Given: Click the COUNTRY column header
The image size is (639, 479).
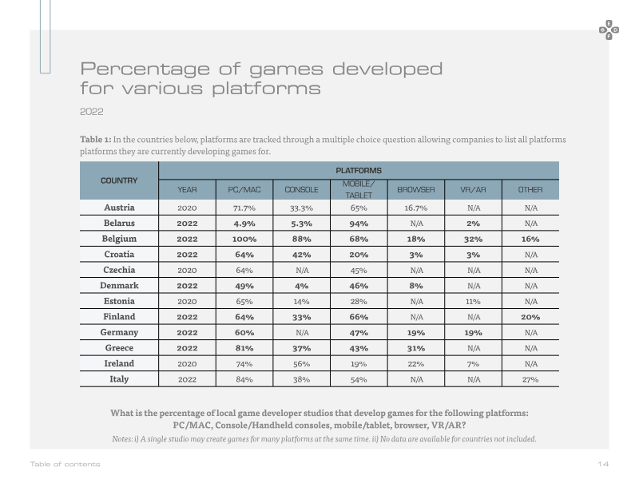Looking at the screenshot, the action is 119,180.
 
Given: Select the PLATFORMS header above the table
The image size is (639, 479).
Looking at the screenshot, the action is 359,171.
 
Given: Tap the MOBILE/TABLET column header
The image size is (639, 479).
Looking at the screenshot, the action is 359,189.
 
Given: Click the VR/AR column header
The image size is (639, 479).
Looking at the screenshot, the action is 473,190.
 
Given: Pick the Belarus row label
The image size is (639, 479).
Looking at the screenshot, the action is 119,224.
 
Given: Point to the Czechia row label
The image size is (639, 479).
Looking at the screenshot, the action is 119,270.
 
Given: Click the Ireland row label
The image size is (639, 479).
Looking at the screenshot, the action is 119,363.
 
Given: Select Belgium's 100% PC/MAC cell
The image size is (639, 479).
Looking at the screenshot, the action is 244,239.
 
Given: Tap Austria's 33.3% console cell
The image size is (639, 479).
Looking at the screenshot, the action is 302,208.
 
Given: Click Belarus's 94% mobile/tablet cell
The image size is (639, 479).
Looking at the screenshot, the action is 359,224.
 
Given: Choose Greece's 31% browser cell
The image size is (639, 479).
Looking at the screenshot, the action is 416,348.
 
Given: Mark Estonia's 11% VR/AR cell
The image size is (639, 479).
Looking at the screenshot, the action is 473,302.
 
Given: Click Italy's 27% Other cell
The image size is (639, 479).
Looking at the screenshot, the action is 530,380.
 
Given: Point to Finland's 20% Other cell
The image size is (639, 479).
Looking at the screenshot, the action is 530,317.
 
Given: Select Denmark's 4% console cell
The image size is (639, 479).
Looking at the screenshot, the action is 302,286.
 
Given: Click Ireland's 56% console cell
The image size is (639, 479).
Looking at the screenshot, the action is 302,364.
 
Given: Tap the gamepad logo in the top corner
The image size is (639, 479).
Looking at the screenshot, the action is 609,30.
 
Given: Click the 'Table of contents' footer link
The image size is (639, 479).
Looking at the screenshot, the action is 65,464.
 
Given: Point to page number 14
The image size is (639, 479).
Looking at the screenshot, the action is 603,464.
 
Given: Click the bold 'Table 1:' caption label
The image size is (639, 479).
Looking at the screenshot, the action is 95,139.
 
